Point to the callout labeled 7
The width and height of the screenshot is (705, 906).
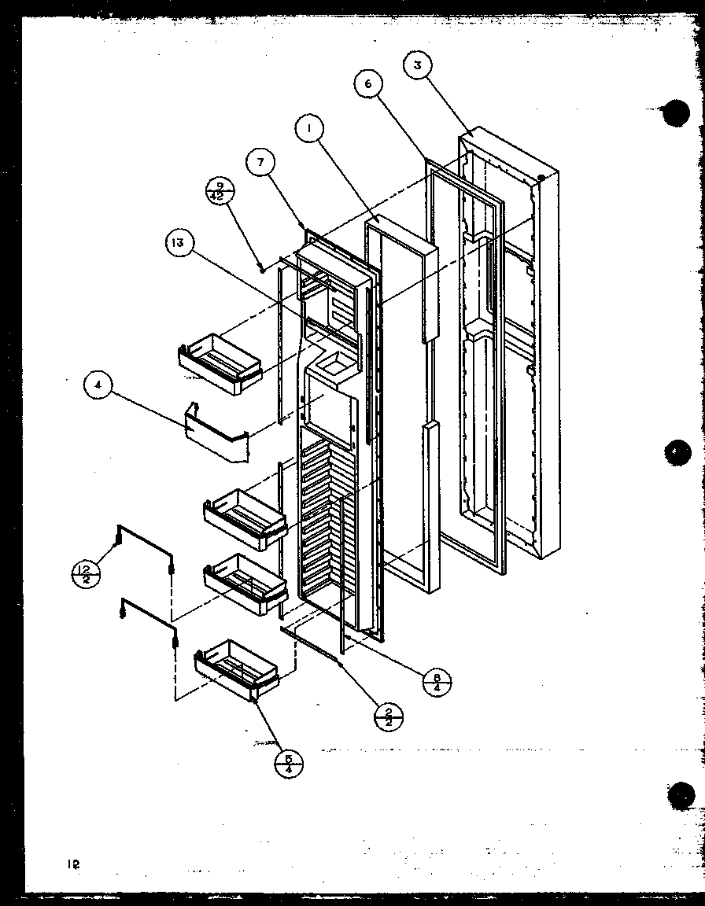pyautogui.click(x=260, y=164)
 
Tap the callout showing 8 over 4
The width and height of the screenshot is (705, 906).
pyautogui.click(x=436, y=680)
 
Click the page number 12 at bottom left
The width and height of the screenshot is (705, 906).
pyautogui.click(x=73, y=864)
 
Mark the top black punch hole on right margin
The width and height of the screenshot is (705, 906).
pyautogui.click(x=675, y=113)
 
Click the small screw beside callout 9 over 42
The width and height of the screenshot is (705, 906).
pyautogui.click(x=261, y=268)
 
